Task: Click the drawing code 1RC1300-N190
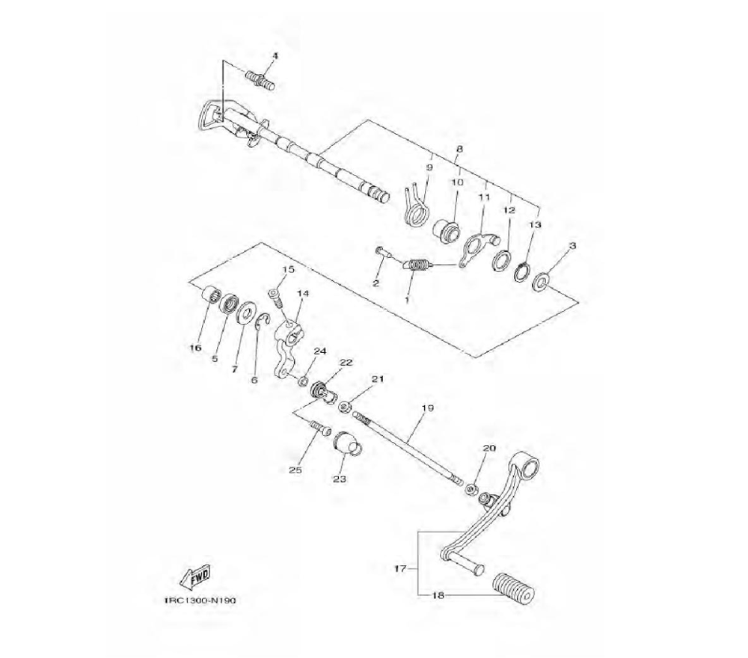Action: [x=200, y=600]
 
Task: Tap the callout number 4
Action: [x=275, y=56]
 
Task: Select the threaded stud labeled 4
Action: [x=260, y=81]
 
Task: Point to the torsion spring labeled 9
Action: [x=417, y=205]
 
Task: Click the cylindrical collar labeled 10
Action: [x=447, y=228]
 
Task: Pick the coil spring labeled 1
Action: [x=417, y=265]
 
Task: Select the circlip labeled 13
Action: [x=522, y=271]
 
